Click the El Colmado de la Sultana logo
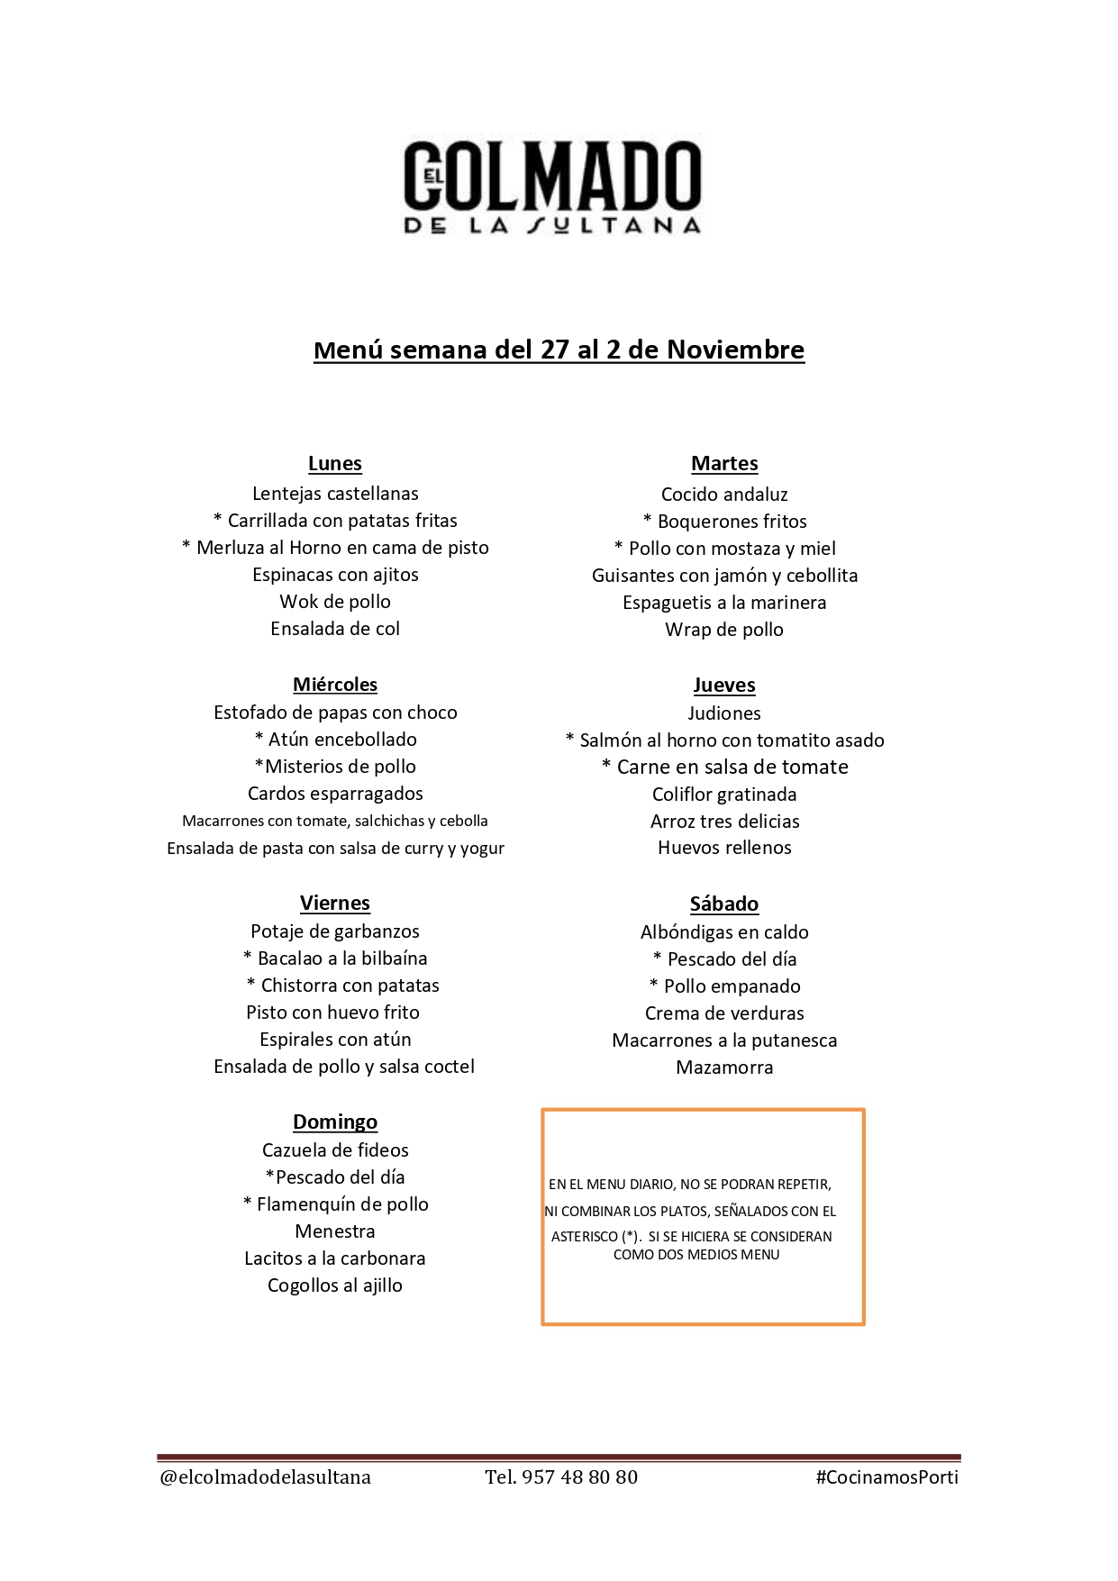[x=552, y=187]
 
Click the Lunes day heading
[x=335, y=464]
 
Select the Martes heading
[x=724, y=464]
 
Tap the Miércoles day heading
[x=335, y=685]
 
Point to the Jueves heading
[x=724, y=686]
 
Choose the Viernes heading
[x=335, y=904]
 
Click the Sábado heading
[x=724, y=904]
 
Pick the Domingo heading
[x=335, y=1122]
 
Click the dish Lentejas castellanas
[x=335, y=494]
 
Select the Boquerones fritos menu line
[x=725, y=522]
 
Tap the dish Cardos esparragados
[x=335, y=794]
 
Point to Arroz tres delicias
[x=724, y=822]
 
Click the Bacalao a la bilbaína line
[x=335, y=959]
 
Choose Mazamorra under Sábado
[x=724, y=1068]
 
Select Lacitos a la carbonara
[x=335, y=1258]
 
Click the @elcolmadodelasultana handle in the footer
[x=265, y=1477]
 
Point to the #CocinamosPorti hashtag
[x=886, y=1477]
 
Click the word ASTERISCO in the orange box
[x=584, y=1237]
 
